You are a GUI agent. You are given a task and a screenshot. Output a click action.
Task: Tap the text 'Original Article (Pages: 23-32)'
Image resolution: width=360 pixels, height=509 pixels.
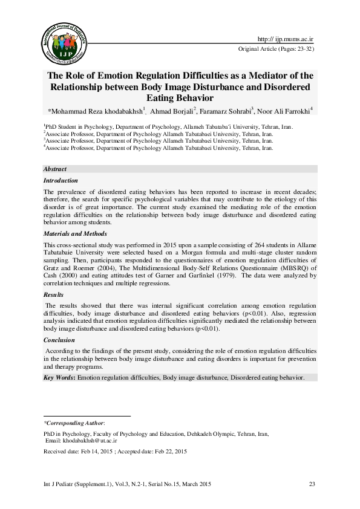click(277, 48)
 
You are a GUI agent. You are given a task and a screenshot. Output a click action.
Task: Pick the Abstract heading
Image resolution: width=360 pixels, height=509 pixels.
click(55, 169)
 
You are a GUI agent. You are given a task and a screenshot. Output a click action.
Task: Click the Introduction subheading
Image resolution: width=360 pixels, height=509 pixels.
click(61, 181)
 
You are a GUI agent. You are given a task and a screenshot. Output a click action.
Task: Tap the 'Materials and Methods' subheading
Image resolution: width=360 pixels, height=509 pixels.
click(75, 233)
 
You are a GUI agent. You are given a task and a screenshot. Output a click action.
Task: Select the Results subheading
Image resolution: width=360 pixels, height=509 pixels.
click(53, 294)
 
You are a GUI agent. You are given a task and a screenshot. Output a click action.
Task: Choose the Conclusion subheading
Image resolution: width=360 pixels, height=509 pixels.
click(59, 340)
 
